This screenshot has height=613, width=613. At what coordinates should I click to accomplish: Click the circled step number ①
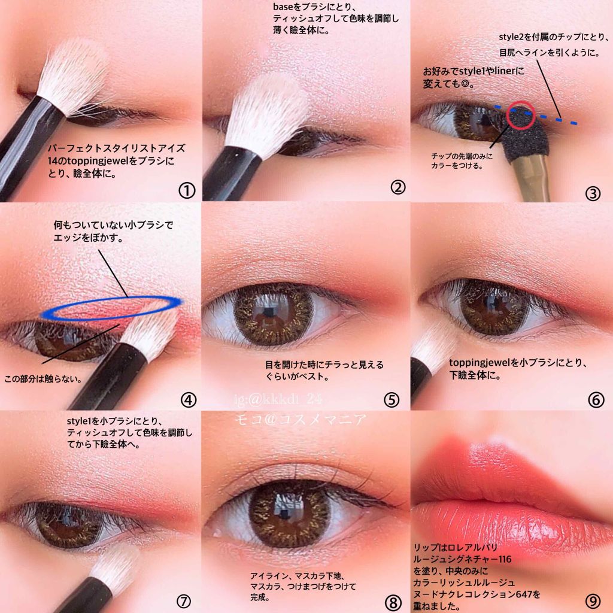click(187, 191)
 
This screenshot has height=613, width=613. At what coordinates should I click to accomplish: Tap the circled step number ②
click(398, 187)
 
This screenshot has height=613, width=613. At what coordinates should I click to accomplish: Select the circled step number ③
click(593, 193)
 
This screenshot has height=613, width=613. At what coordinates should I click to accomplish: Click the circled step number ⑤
click(392, 399)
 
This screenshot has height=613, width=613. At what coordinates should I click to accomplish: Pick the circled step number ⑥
click(596, 399)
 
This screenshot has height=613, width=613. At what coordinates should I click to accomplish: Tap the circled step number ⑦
click(184, 601)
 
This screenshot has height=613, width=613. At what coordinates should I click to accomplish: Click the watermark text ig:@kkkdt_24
click(278, 399)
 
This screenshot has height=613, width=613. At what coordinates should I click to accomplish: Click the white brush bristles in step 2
click(266, 113)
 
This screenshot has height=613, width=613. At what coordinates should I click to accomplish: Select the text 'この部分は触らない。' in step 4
click(43, 379)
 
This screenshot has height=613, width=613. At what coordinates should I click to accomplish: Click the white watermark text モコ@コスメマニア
click(301, 420)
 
